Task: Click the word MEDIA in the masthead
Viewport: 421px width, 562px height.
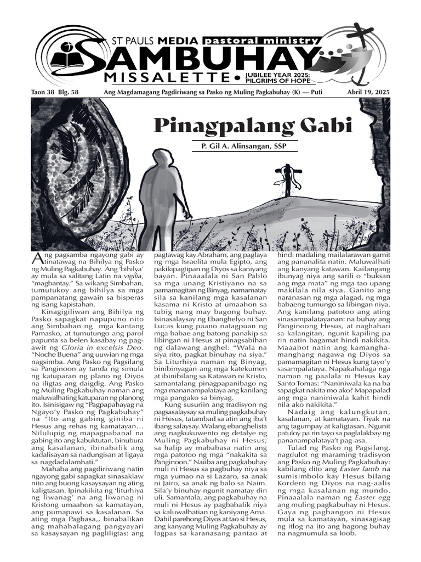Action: (x=178, y=41)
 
